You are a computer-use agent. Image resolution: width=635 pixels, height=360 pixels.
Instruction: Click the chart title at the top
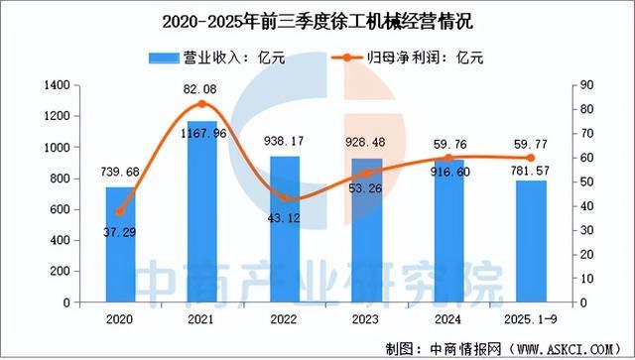[317, 18]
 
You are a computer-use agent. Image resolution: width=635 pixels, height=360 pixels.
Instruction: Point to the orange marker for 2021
[202, 104]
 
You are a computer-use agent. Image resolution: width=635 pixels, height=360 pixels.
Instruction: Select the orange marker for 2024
[448, 158]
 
